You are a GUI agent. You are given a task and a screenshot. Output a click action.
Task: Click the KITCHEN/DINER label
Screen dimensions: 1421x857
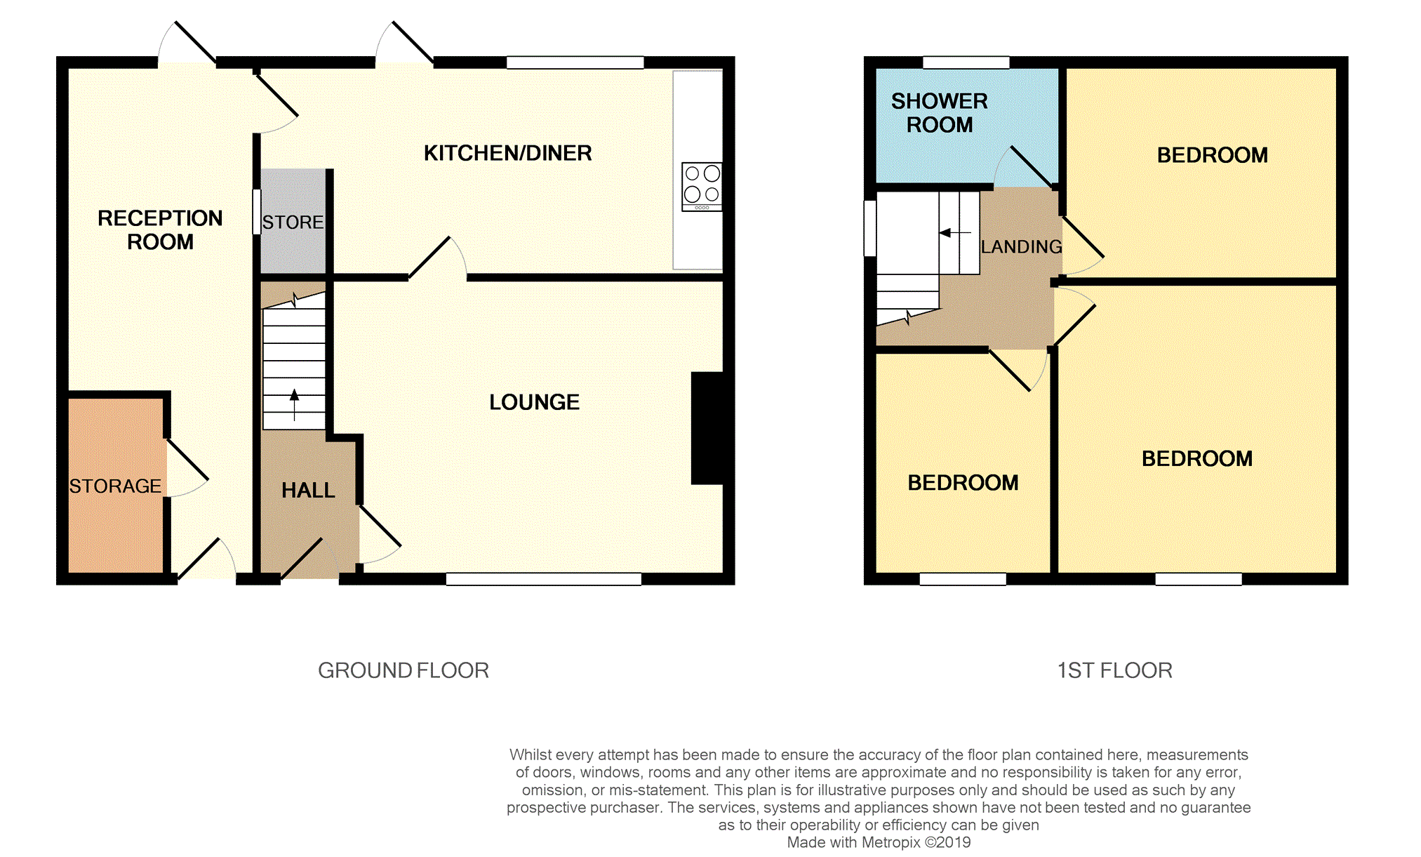click(507, 153)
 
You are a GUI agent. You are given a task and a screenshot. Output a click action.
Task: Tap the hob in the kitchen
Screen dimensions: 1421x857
click(702, 187)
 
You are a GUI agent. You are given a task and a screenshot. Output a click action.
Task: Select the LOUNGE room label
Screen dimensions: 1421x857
click(534, 402)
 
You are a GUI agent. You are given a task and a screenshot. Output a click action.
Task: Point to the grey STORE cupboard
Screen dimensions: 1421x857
click(293, 220)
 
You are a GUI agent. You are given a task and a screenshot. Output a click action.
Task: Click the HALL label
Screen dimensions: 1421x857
click(308, 490)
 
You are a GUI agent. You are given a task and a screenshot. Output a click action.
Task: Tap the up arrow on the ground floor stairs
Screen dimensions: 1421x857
click(294, 405)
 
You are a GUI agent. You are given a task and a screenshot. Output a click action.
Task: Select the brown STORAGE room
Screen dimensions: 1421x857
click(116, 486)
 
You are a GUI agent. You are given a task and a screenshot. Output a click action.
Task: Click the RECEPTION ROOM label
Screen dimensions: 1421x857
click(160, 230)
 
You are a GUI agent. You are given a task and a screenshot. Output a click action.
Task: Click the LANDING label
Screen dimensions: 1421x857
click(1021, 247)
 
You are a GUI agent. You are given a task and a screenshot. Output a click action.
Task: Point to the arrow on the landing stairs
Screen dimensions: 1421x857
click(955, 232)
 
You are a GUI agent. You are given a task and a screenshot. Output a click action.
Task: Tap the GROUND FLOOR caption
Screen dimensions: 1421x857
click(403, 670)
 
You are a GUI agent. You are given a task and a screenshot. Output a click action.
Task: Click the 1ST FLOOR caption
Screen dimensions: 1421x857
click(1114, 670)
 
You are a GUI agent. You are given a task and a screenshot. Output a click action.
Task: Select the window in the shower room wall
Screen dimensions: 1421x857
click(966, 62)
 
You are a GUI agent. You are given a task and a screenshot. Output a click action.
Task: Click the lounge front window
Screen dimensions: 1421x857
click(544, 579)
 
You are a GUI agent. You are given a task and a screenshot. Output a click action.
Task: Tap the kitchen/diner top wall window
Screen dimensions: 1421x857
click(575, 62)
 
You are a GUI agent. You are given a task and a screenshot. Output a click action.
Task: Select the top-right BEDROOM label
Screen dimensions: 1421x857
click(1212, 155)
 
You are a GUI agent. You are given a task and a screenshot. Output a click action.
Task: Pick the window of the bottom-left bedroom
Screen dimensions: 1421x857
click(963, 579)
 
